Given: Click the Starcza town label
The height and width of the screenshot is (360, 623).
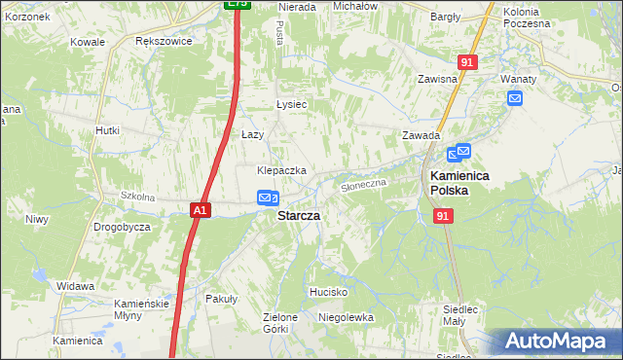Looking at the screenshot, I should [x=301, y=215].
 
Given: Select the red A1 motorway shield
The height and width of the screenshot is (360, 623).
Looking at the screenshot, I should [x=199, y=209].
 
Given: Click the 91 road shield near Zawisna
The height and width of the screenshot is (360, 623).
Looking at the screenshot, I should [x=468, y=61].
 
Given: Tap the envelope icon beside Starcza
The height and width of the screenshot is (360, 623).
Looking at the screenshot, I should [x=267, y=198].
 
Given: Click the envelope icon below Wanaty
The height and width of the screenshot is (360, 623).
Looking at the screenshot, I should [x=514, y=97].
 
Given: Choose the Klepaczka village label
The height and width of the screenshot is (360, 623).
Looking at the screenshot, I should [x=281, y=170].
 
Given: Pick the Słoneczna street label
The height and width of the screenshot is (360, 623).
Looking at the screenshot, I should [x=364, y=182].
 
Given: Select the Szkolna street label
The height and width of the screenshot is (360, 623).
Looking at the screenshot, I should [x=137, y=197].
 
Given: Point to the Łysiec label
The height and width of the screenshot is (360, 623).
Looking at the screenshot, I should [x=291, y=105].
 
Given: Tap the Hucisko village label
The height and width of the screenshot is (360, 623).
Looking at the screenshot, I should [x=328, y=292].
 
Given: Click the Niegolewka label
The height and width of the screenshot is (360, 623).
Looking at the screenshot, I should [x=347, y=317].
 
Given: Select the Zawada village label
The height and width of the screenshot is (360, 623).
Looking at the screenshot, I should [x=421, y=135].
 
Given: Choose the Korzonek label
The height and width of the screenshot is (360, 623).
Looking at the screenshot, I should [x=25, y=18].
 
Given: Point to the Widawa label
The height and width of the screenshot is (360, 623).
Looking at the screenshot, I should [x=75, y=286].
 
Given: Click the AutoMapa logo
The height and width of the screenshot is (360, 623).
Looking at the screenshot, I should [x=556, y=342].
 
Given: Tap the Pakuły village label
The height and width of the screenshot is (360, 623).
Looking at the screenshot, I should [x=221, y=300].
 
